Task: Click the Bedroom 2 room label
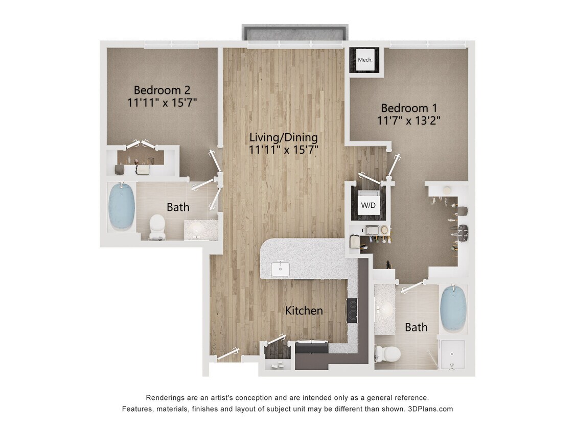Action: (x=162, y=90)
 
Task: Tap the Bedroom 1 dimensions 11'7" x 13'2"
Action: (x=409, y=121)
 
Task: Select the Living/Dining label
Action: (x=283, y=137)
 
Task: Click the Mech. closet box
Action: (x=365, y=60)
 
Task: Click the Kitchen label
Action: (x=304, y=310)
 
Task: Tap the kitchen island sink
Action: (x=280, y=268)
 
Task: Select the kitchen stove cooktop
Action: (x=352, y=310)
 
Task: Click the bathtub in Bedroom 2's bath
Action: (x=122, y=206)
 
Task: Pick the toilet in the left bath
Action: (x=157, y=226)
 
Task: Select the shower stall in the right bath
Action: (x=452, y=354)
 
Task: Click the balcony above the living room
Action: (x=295, y=33)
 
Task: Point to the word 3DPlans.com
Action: (x=431, y=409)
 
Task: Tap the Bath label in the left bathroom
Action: (x=178, y=207)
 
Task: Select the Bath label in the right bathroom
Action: (x=416, y=327)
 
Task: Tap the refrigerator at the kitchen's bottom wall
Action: (x=311, y=349)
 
